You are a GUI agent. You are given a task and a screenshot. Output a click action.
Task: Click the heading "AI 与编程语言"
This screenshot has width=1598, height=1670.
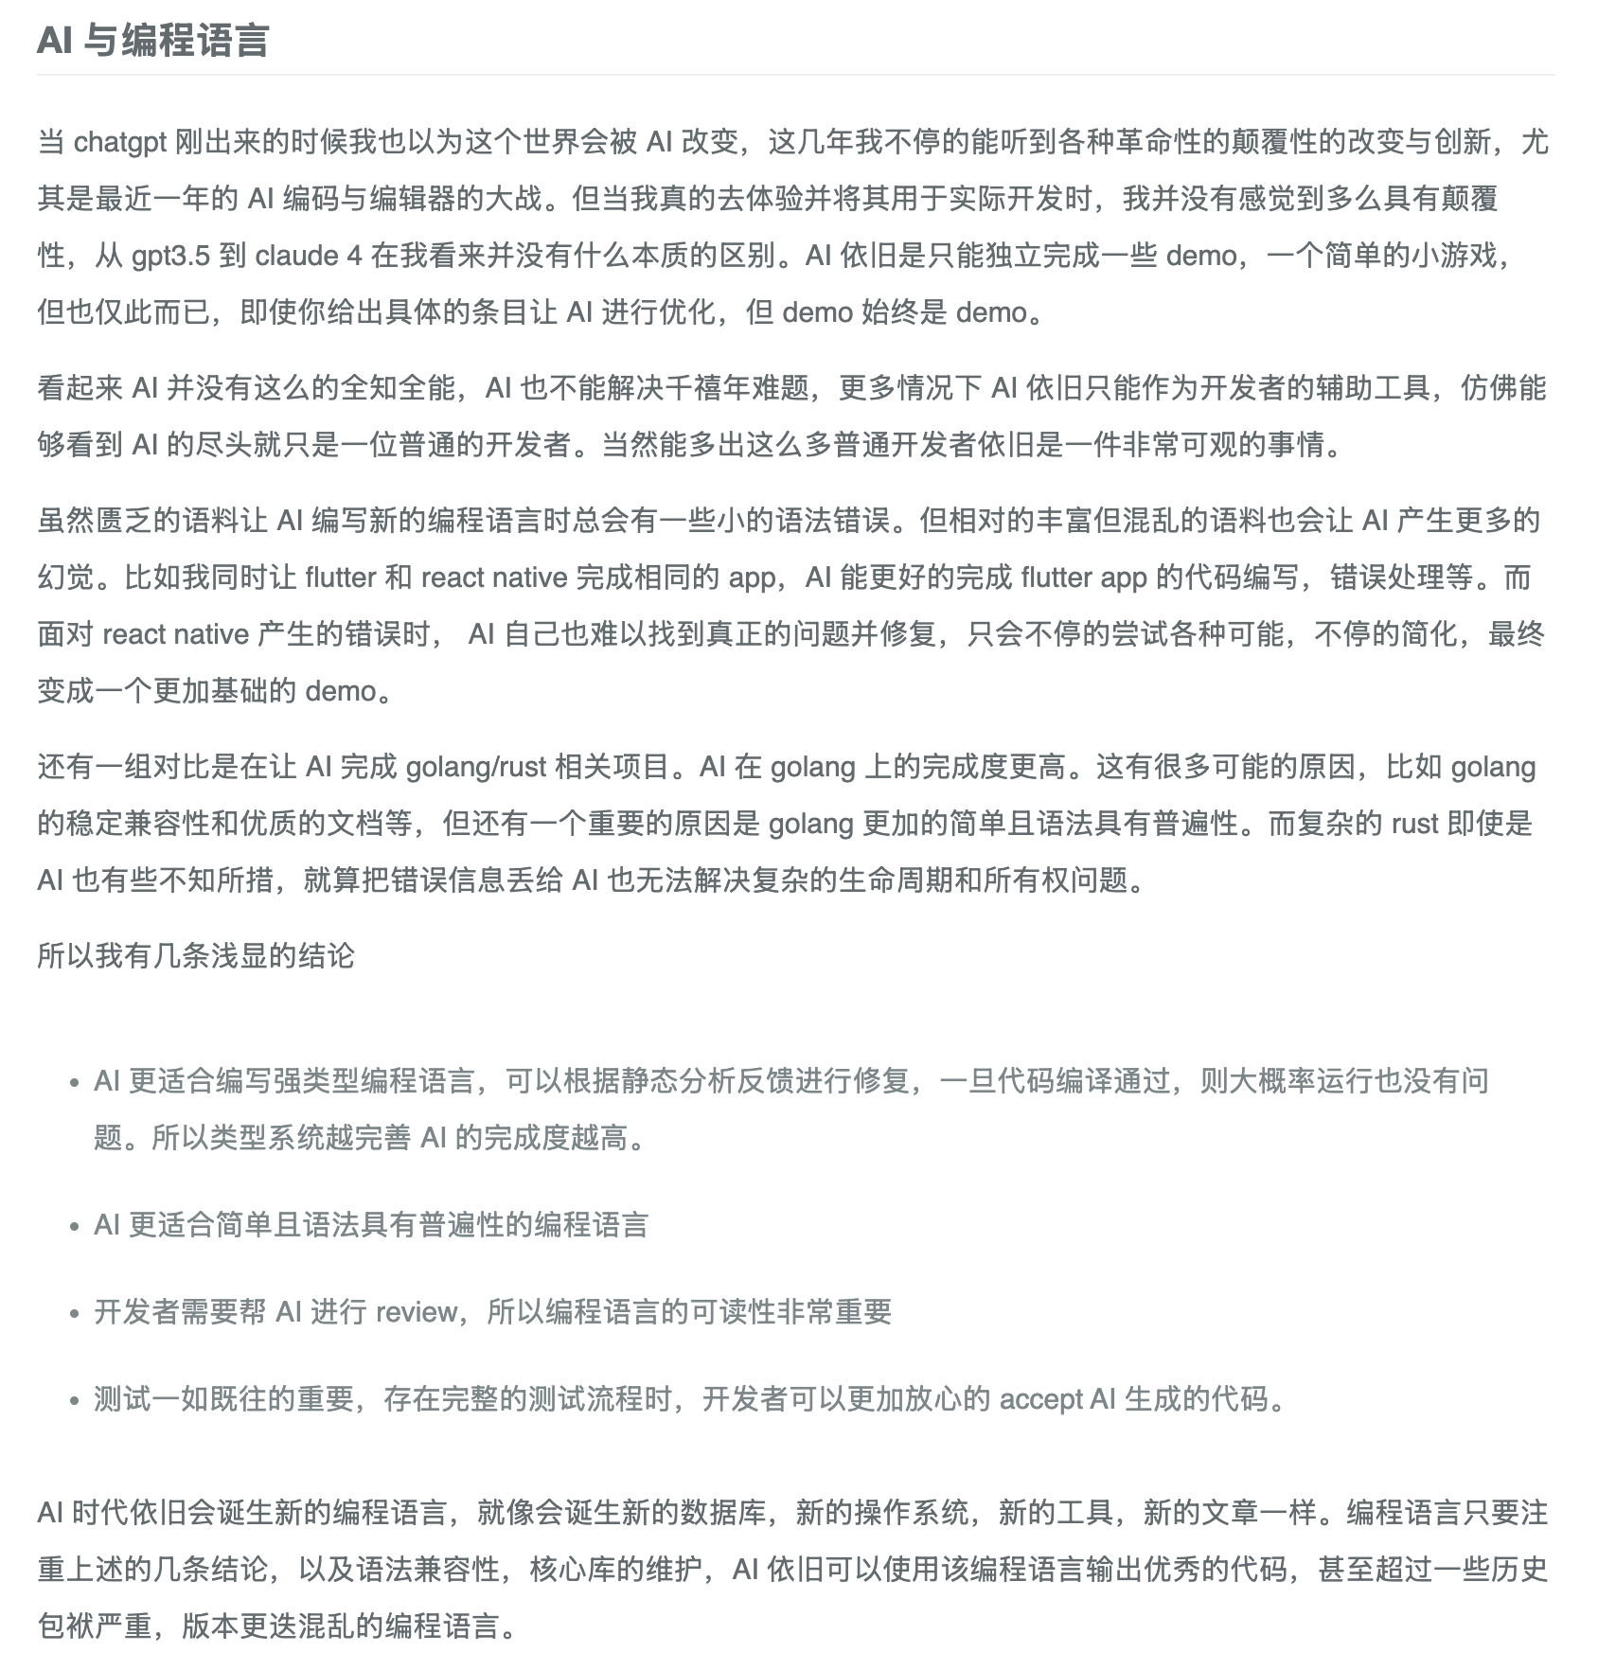pos(153,41)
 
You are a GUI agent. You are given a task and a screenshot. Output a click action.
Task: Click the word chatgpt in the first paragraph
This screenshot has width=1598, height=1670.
pos(120,142)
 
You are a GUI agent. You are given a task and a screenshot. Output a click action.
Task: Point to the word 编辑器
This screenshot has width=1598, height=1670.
pos(445,199)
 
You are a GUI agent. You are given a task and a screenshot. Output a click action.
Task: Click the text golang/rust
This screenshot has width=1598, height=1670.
pos(476,767)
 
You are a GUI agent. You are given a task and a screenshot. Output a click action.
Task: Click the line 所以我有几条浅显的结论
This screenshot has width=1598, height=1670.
pos(196,956)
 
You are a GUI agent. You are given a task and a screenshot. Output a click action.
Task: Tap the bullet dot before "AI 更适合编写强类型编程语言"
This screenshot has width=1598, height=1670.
pos(74,1082)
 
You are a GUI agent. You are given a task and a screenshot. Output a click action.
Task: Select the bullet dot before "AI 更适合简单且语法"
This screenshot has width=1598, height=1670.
pos(74,1226)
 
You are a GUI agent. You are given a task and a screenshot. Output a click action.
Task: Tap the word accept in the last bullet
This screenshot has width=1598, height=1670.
pos(1041,1399)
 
